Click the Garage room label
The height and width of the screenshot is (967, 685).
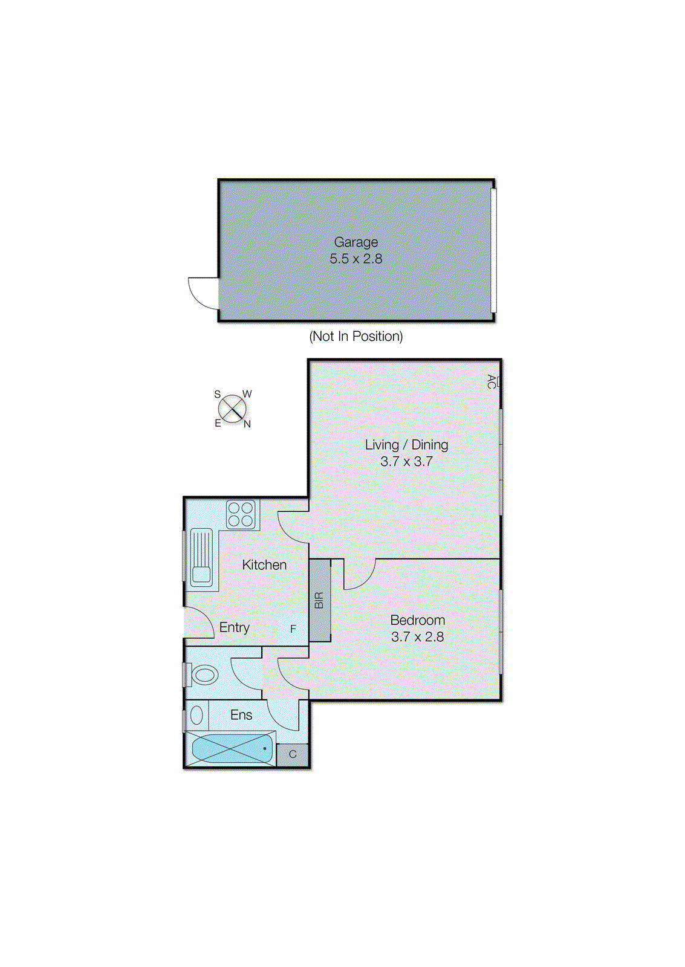point(355,242)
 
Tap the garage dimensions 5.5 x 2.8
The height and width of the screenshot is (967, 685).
point(355,259)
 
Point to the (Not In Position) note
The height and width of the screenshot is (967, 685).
point(355,336)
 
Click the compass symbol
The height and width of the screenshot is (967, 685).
point(232,409)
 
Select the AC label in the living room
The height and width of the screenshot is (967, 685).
point(492,381)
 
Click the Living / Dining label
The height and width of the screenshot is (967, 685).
point(406,445)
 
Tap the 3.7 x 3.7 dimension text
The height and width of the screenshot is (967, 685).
point(406,462)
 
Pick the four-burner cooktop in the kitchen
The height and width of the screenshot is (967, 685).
point(241,514)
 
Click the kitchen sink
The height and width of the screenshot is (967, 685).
point(201,558)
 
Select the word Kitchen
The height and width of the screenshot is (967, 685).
point(264,565)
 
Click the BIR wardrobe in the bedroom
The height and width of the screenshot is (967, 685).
point(320,600)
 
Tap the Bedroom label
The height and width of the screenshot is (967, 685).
point(417,620)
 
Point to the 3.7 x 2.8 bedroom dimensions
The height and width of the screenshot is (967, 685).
point(417,637)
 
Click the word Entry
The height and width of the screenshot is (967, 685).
point(234,627)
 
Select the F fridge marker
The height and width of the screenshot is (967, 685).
point(293,629)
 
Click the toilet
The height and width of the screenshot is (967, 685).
point(203,674)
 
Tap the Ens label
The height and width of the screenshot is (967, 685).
point(241,715)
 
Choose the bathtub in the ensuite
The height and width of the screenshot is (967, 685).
point(231,749)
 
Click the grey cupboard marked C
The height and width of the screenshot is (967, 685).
point(293,754)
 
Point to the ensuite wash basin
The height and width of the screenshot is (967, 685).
point(196,716)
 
